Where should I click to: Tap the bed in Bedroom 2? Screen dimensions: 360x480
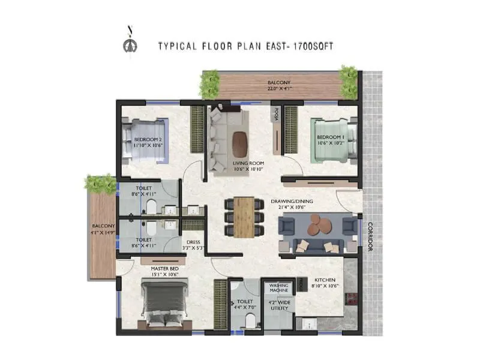[x=143, y=139]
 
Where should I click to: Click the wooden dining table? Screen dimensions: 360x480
[x=244, y=218]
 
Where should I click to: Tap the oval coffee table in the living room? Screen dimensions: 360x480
[x=238, y=142]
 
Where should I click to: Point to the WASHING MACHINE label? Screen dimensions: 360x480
[x=280, y=288]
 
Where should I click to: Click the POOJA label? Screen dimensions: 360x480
[x=277, y=114]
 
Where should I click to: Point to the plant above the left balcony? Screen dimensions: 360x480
[x=100, y=183]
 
